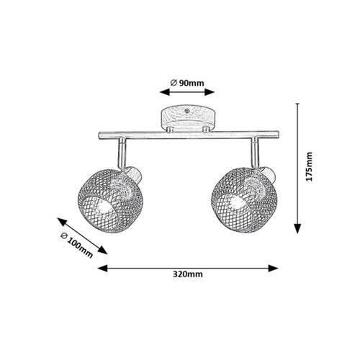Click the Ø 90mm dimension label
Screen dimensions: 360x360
(x=187, y=83)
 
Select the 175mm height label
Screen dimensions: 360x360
(x=310, y=166)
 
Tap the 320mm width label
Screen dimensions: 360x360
(x=188, y=274)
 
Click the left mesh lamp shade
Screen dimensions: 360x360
(x=110, y=201)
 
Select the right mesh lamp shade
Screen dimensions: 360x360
(x=244, y=200)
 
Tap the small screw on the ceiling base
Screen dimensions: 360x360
(x=186, y=111)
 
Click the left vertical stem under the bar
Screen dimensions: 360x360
(x=122, y=153)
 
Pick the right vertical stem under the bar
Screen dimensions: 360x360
(x=255, y=153)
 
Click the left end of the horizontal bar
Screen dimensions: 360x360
(x=99, y=135)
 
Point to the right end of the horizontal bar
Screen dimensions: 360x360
(x=278, y=135)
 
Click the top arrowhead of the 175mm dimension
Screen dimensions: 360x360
(x=297, y=104)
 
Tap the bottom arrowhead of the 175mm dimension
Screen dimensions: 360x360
(x=297, y=228)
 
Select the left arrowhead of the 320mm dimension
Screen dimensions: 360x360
(x=103, y=269)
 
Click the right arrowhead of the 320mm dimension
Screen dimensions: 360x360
(x=273, y=269)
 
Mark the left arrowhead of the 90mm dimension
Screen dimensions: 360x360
(x=165, y=92)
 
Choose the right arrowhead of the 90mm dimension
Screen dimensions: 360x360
(x=210, y=92)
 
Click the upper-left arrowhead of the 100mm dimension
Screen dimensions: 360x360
(x=61, y=222)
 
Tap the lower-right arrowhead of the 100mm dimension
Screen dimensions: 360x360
(x=103, y=251)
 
